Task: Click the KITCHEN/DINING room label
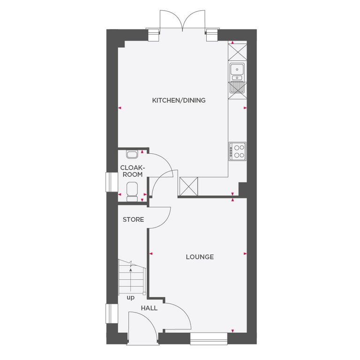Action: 179,100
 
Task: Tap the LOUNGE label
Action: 200,257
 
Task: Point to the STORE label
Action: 133,219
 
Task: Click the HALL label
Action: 150,308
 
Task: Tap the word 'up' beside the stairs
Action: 130,297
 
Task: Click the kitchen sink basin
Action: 237,70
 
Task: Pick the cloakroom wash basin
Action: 132,154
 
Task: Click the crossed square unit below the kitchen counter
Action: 189,187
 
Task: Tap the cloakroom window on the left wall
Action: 111,182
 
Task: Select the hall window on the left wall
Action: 111,314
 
